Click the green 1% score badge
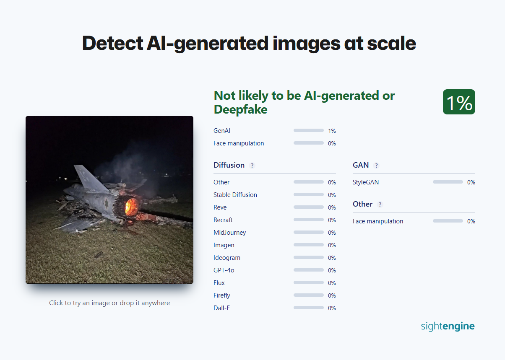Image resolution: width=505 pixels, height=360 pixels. [459, 102]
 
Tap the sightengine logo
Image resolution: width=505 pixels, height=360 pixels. [448, 326]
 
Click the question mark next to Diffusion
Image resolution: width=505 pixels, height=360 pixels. [252, 166]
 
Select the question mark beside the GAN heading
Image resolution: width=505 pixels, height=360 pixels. [376, 166]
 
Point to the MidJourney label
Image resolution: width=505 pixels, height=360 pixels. [229, 233]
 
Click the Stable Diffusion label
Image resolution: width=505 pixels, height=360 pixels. [235, 195]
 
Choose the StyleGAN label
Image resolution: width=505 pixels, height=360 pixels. [366, 182]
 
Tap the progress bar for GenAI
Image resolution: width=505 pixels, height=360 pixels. [308, 130]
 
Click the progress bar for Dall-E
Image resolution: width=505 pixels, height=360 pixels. [308, 308]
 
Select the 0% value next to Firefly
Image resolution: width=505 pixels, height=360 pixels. [332, 295]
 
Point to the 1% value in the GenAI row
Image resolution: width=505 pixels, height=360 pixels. [332, 131]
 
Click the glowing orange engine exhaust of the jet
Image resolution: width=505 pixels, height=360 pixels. [131, 207]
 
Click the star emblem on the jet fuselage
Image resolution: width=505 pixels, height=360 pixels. [106, 203]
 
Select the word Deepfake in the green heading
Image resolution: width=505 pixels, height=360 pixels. [241, 110]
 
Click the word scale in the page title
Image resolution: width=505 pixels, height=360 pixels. [391, 44]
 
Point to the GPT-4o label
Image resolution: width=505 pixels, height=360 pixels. [224, 270]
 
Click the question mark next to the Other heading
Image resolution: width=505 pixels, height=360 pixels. [380, 205]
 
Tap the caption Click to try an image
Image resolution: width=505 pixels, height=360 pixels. [109, 303]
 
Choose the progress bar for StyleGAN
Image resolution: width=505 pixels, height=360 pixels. [448, 182]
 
